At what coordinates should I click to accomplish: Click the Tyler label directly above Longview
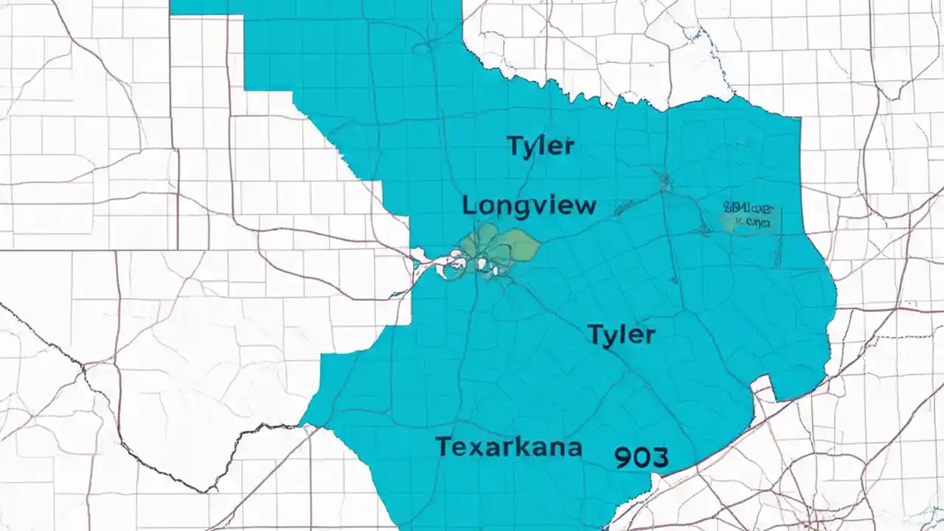point(541,146)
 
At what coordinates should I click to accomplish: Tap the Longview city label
point(529,205)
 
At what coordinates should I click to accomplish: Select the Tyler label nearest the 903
point(621,335)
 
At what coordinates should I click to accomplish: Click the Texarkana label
point(508,447)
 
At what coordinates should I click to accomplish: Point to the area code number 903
point(641,457)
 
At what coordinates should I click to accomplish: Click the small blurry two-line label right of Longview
point(747,214)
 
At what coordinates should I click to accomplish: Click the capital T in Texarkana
point(443,446)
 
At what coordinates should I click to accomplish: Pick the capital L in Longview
point(470,205)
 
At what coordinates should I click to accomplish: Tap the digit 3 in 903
point(659,457)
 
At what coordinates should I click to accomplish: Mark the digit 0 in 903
point(641,457)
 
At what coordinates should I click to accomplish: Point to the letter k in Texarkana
point(517,446)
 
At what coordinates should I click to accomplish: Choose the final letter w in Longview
point(585,206)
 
